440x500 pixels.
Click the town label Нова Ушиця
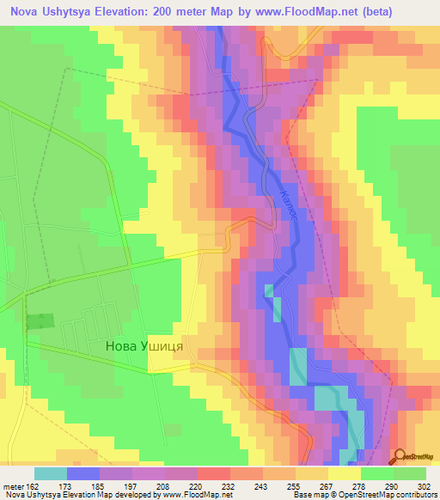[x=145, y=347]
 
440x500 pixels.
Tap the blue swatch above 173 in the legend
[x=82, y=473]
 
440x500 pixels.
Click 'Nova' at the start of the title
[x=24, y=11]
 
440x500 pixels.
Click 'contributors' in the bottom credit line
[x=415, y=495]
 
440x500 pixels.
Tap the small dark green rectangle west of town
[x=39, y=321]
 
